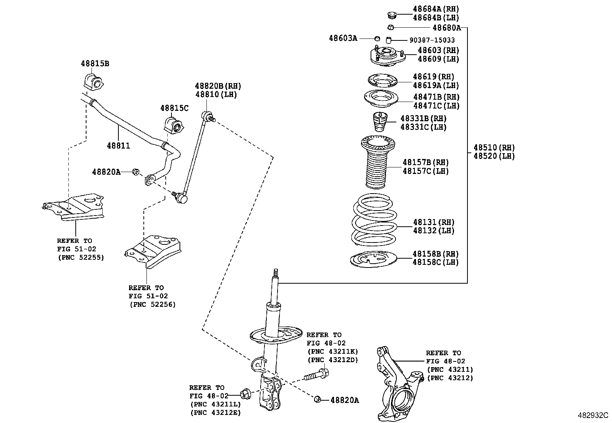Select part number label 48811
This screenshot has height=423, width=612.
tap(118, 145)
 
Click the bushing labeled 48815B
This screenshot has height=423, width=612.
tap(93, 82)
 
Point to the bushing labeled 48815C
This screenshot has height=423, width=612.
tap(174, 124)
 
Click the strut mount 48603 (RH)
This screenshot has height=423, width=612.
tap(387, 56)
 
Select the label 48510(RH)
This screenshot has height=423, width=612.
tap(494, 147)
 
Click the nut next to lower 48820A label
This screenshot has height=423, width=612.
tap(317, 399)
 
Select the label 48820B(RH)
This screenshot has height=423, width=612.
tap(218, 86)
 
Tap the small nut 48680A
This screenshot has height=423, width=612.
tap(390, 27)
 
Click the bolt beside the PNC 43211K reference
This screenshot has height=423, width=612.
tap(316, 375)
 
